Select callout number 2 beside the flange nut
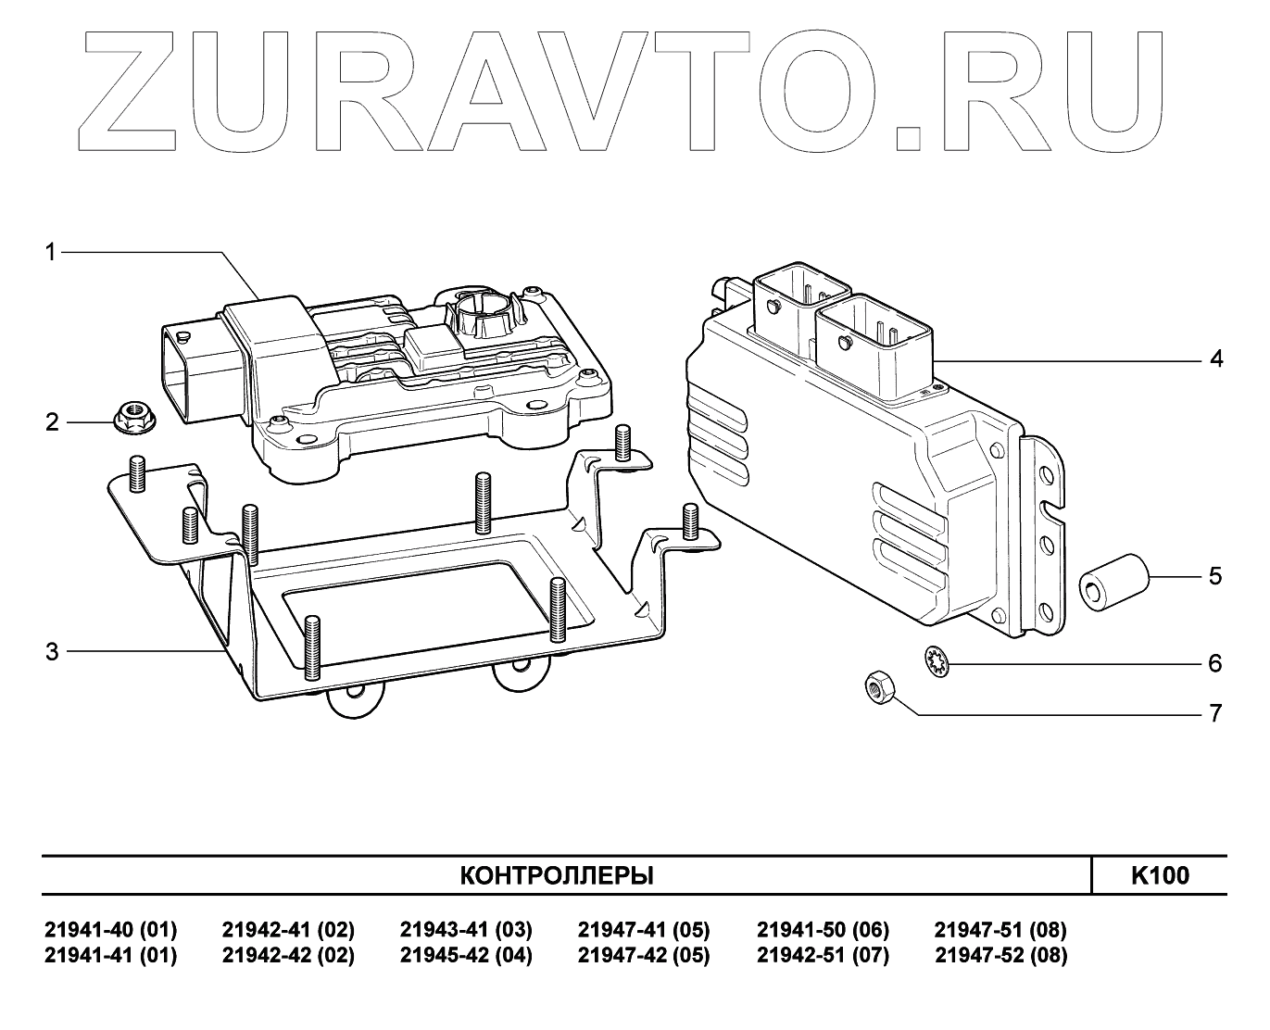[52, 422]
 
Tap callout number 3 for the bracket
[52, 652]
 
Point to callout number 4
[1216, 358]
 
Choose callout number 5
[1216, 576]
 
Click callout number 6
[1216, 663]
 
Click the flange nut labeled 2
[132, 419]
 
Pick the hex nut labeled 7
[878, 688]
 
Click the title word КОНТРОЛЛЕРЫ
[557, 875]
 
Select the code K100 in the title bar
[1160, 875]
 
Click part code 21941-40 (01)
[110, 930]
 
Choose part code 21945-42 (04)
[466, 956]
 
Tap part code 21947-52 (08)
[1001, 956]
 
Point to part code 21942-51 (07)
[823, 956]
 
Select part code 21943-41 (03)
[466, 930]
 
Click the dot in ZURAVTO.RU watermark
[910, 137]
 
